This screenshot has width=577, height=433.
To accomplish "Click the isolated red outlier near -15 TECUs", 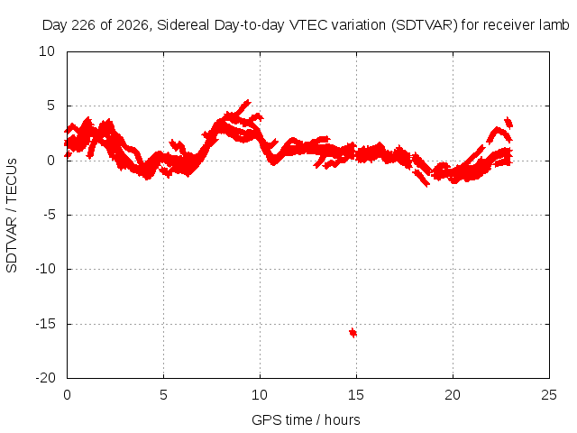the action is point(353,333).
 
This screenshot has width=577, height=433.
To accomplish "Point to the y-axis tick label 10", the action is point(47,51).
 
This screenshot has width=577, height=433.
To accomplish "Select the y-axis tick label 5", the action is point(50,106).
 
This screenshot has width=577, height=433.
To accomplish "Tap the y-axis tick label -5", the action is point(49,215).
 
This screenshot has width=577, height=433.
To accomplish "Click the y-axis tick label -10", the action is point(45,269).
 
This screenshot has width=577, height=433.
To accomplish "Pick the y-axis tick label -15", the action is point(45,324).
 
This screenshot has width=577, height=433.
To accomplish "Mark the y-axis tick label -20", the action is point(45,378).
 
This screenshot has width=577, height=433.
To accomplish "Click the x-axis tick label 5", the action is point(163,395).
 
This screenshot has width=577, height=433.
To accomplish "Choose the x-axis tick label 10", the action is point(260,395).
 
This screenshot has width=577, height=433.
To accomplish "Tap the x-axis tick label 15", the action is point(356,395).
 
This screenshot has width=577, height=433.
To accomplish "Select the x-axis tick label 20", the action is point(453,395).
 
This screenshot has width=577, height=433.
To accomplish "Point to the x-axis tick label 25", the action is point(549,395).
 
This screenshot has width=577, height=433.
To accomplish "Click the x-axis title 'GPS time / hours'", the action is point(306,420).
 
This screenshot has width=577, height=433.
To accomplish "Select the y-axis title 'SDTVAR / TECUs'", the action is point(12,216).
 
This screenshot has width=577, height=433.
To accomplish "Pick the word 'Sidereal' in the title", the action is point(183,25).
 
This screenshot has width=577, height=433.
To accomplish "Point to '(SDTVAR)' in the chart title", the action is point(425,25).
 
